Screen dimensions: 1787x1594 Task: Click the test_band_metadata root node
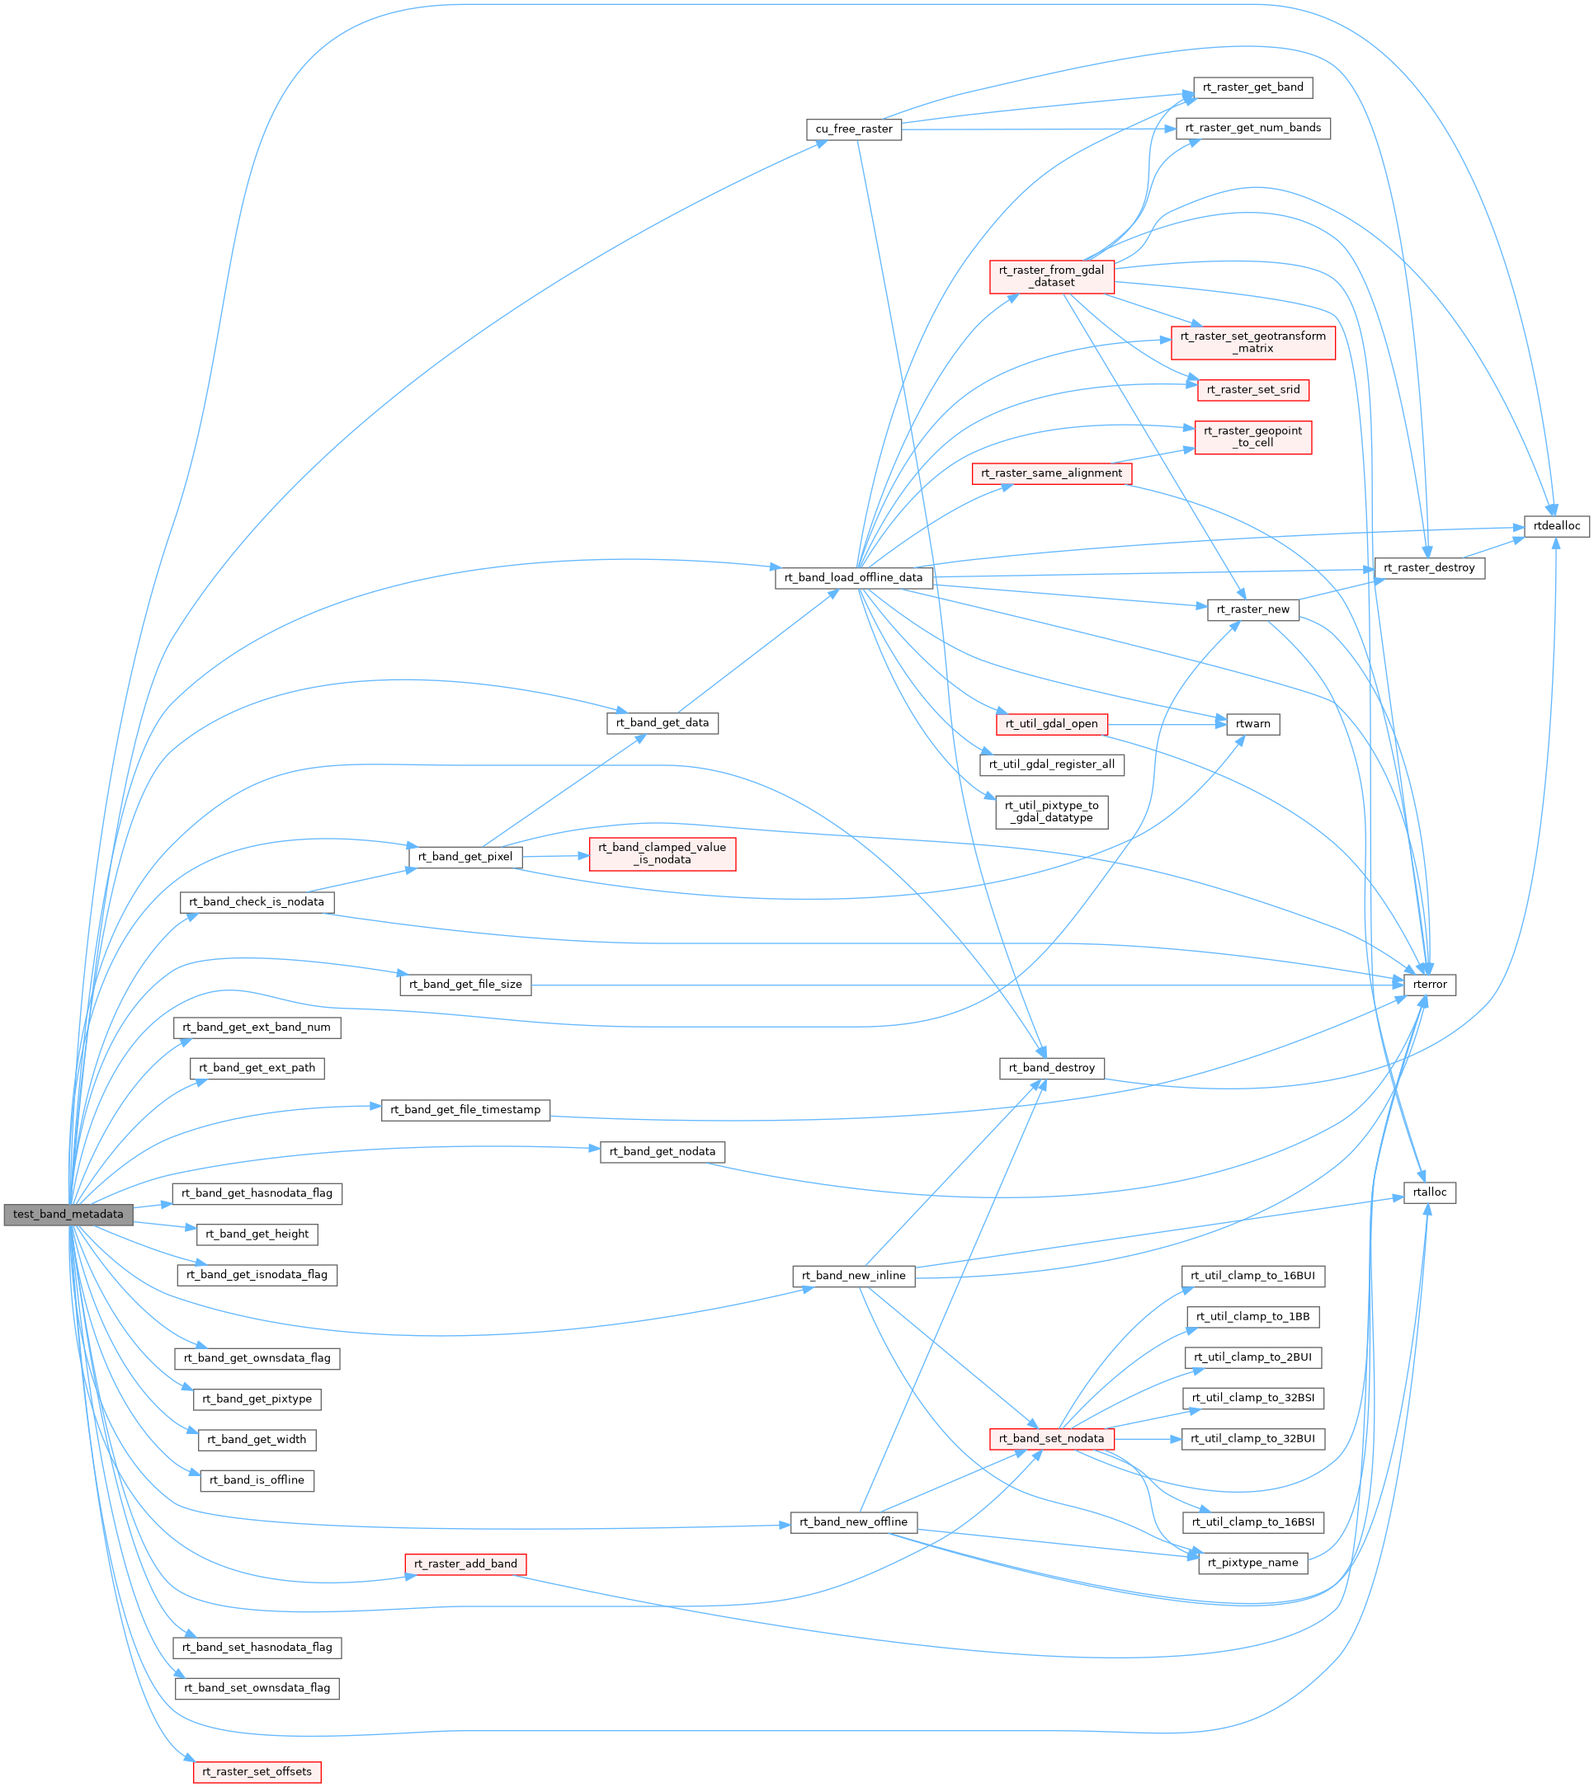(x=68, y=1215)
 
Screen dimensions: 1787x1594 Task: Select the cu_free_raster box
(x=853, y=129)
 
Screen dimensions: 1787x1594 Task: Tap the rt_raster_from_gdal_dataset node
(x=1051, y=277)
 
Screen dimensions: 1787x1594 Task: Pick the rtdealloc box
(x=1556, y=526)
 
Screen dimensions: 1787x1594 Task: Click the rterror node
(x=1429, y=985)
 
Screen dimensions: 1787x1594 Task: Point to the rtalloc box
(x=1429, y=1192)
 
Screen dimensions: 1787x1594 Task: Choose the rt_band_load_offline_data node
(x=853, y=578)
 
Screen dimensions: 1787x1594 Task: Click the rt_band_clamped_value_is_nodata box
(x=663, y=854)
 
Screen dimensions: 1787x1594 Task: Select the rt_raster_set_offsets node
(x=257, y=1772)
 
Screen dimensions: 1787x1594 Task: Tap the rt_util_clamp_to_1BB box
(x=1252, y=1317)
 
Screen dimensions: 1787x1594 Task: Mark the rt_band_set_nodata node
(x=1051, y=1438)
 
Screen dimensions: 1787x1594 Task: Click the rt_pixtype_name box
(x=1252, y=1563)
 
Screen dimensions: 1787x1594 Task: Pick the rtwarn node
(x=1252, y=724)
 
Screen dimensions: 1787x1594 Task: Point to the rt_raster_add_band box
(x=465, y=1564)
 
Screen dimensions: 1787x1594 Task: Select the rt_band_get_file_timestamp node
(x=465, y=1110)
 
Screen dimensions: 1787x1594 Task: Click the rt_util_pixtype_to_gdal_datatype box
(x=1051, y=811)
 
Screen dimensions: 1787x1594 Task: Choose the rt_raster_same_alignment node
(x=1051, y=473)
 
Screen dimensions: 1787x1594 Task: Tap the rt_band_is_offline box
(x=257, y=1480)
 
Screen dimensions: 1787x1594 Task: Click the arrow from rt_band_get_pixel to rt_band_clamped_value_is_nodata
(x=555, y=856)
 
